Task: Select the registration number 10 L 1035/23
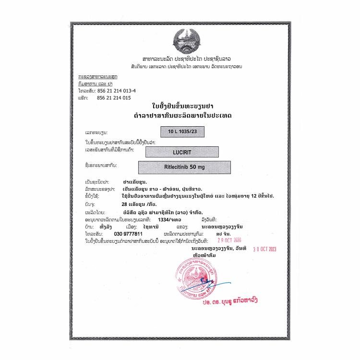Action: [x=182, y=131]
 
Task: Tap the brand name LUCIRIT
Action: [x=182, y=152]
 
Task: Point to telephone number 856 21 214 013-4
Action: [x=117, y=91]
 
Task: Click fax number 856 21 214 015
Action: [x=114, y=97]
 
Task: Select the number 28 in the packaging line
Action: [x=125, y=204]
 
